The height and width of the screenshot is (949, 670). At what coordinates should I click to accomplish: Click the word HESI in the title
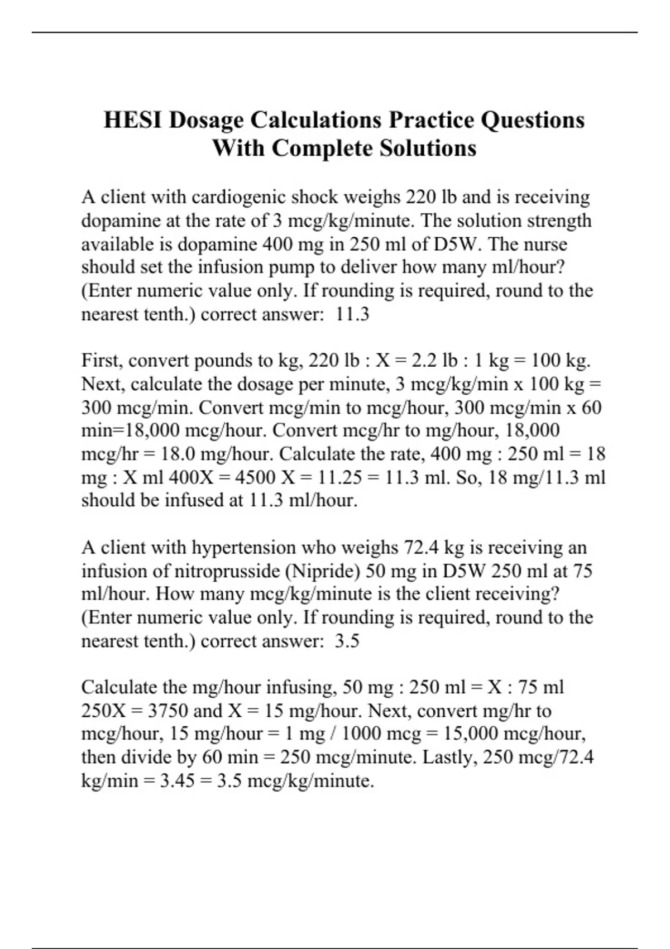pos(132,120)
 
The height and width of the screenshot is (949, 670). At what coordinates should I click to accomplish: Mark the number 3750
pos(167,711)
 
